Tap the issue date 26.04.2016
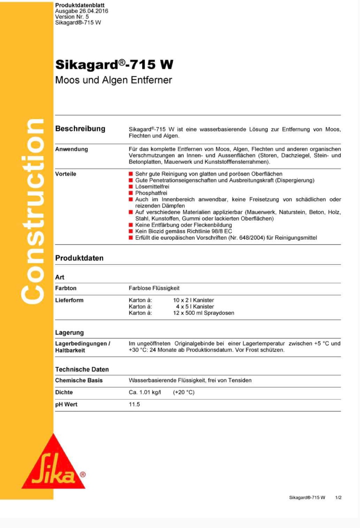click(94, 11)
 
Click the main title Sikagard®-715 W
click(114, 65)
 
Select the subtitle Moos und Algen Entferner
click(114, 80)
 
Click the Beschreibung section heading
click(80, 129)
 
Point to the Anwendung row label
click(71, 149)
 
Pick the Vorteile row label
click(66, 174)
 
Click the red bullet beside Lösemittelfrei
click(131, 187)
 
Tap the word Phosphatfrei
click(151, 193)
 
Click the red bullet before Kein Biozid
click(131, 231)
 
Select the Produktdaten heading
click(79, 258)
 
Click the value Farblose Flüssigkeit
click(154, 288)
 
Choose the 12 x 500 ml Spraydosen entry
click(203, 313)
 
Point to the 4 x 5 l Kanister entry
click(195, 307)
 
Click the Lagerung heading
click(69, 332)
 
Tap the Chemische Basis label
click(79, 380)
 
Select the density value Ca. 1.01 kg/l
click(145, 392)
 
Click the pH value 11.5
click(134, 404)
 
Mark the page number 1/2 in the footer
click(338, 498)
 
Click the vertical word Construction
click(32, 212)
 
